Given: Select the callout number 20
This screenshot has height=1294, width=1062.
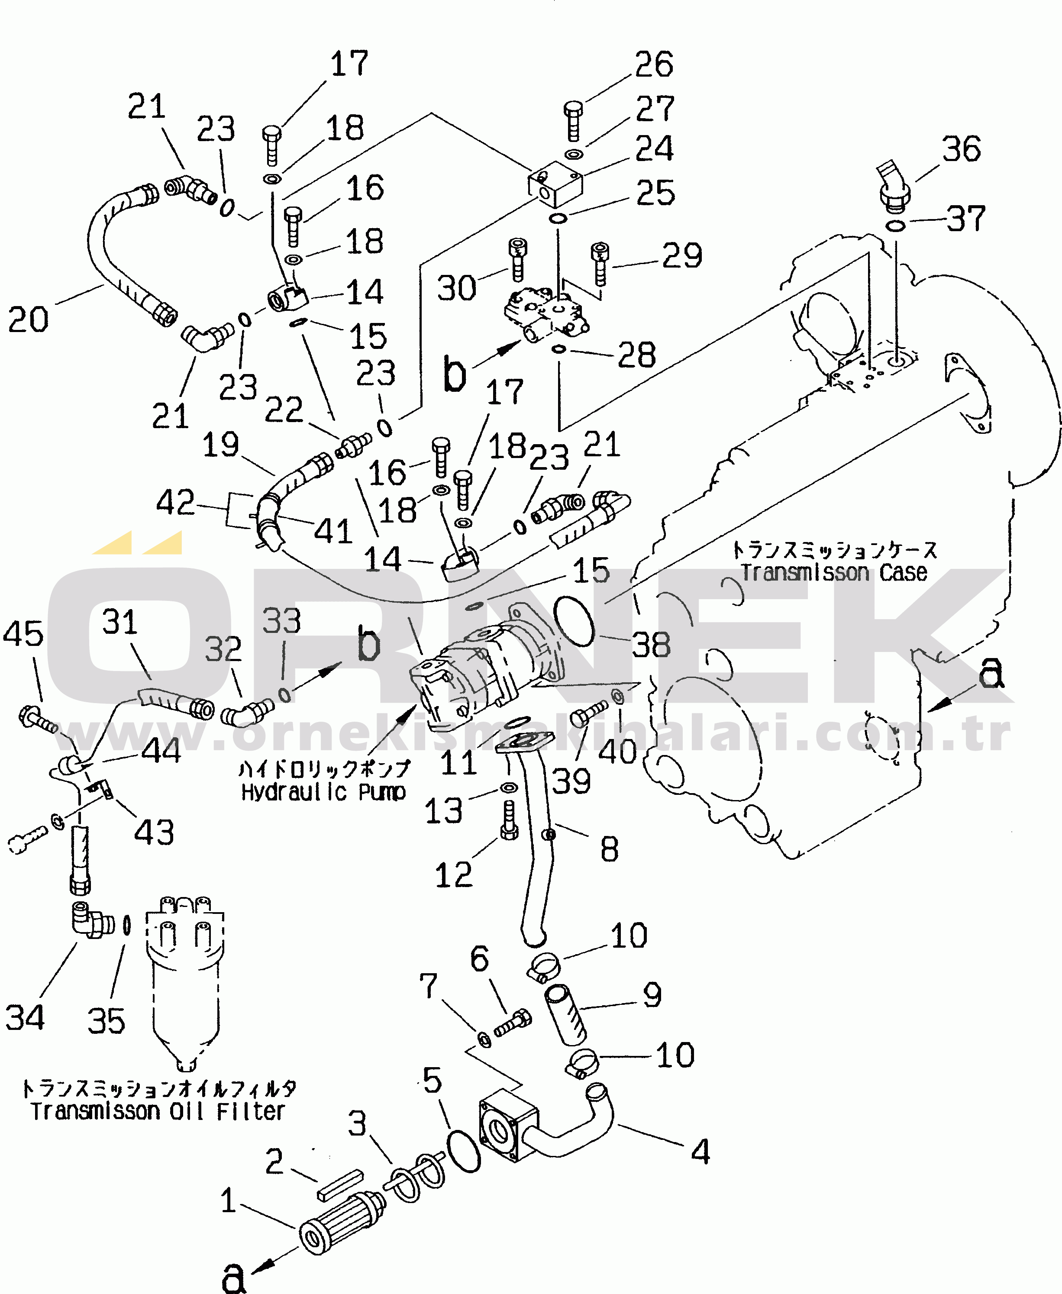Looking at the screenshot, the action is click(x=28, y=319).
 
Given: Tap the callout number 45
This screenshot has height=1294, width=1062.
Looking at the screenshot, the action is click(x=23, y=633).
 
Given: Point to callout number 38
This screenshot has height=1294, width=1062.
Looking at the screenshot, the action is click(x=651, y=645).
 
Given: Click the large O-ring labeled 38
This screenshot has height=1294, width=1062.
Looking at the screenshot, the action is click(x=574, y=621).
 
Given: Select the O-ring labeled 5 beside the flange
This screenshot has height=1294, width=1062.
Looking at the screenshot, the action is click(x=464, y=1152).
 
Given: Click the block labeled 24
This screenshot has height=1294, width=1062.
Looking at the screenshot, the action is click(x=555, y=184).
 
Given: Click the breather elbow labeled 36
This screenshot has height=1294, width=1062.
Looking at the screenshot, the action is click(x=894, y=184).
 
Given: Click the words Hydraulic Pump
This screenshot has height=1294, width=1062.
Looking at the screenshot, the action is click(x=323, y=792).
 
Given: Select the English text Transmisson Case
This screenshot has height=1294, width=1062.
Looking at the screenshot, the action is click(x=834, y=573).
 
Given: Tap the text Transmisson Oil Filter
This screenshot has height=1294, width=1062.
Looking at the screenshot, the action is click(x=158, y=1110).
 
